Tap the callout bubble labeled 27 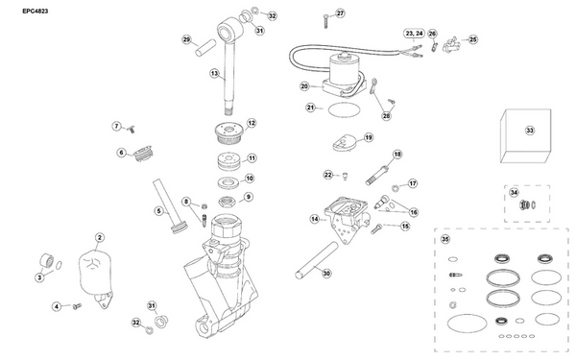[x=339, y=12]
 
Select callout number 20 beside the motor [x=303, y=86]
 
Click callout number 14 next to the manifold [x=314, y=219]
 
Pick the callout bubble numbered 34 [x=514, y=192]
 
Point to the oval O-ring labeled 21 [x=340, y=111]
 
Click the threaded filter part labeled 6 [x=147, y=152]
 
